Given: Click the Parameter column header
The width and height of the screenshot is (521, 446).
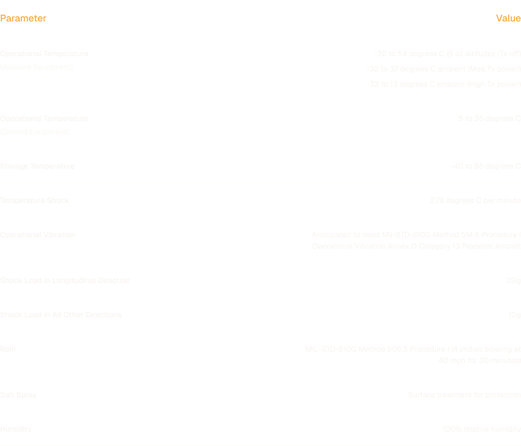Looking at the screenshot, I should [x=23, y=18].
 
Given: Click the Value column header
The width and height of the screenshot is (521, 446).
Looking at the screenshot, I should [x=508, y=18].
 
